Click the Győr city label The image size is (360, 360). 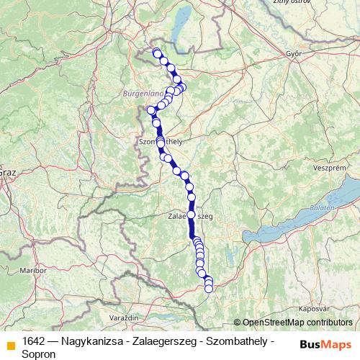292,53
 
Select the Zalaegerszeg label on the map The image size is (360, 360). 191,215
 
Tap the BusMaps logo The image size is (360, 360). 325,345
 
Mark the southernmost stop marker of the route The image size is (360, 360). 209,289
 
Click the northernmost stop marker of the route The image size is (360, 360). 156,52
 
